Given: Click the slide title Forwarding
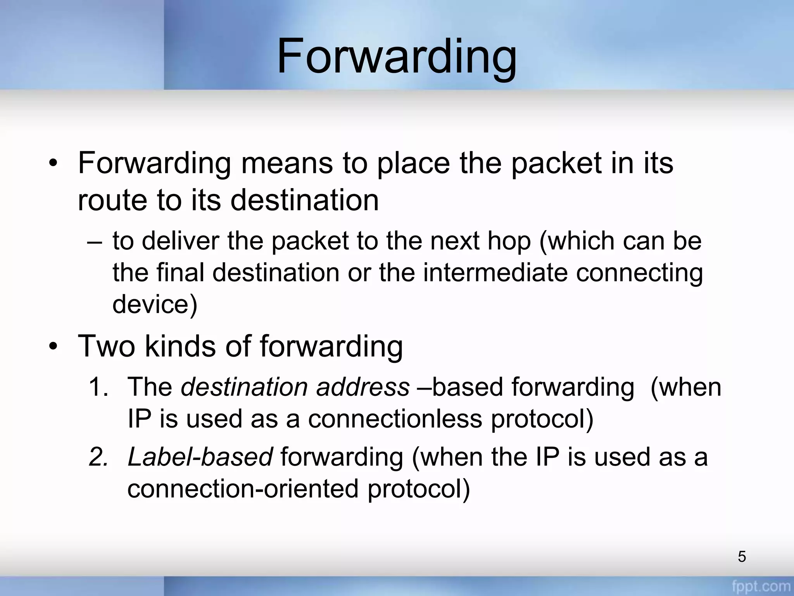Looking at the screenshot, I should (396, 56).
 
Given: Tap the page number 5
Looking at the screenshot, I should (742, 556).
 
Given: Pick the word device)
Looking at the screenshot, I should (155, 304).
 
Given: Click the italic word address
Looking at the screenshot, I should (362, 387).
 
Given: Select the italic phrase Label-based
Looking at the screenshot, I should (200, 457).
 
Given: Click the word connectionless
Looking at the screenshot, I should (395, 419).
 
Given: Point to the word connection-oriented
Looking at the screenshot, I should (243, 489).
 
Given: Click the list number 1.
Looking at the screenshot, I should (98, 387).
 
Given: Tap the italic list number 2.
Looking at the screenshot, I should (98, 457).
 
